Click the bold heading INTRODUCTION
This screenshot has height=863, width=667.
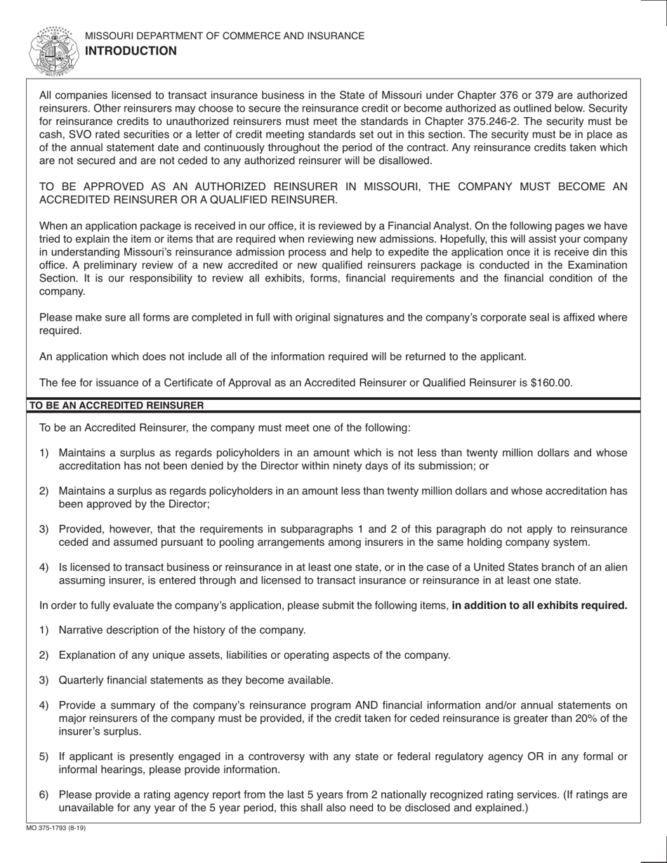point(131,51)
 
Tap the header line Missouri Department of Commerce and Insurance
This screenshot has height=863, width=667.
point(225,36)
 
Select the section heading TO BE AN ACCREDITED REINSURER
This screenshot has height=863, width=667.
point(116,406)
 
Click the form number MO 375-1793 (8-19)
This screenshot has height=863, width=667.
point(56,828)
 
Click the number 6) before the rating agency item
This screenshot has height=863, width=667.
point(44,794)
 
